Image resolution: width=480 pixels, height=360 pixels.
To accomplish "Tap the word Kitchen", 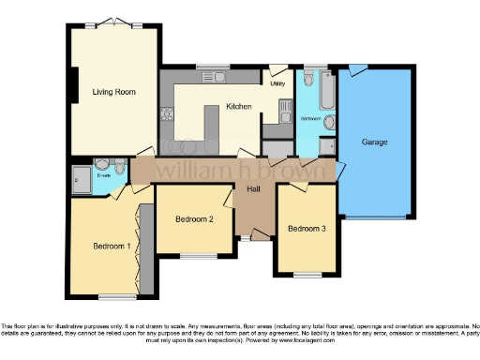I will point(239,107).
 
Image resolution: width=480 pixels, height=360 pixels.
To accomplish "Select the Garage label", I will point(375,142).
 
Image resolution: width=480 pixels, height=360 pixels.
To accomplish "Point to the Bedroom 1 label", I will point(110,247).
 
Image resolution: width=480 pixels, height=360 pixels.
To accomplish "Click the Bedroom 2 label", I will point(194,219).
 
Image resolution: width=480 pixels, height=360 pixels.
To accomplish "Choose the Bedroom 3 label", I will point(307,229).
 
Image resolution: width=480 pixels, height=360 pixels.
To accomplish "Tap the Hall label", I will point(253,189).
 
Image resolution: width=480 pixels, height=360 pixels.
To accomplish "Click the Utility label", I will point(277,84).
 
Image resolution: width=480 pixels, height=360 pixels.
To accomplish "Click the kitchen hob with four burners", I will point(169,117).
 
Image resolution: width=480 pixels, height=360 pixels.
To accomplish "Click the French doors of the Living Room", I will point(112,22).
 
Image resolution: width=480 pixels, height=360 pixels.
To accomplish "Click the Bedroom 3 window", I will point(306,274).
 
